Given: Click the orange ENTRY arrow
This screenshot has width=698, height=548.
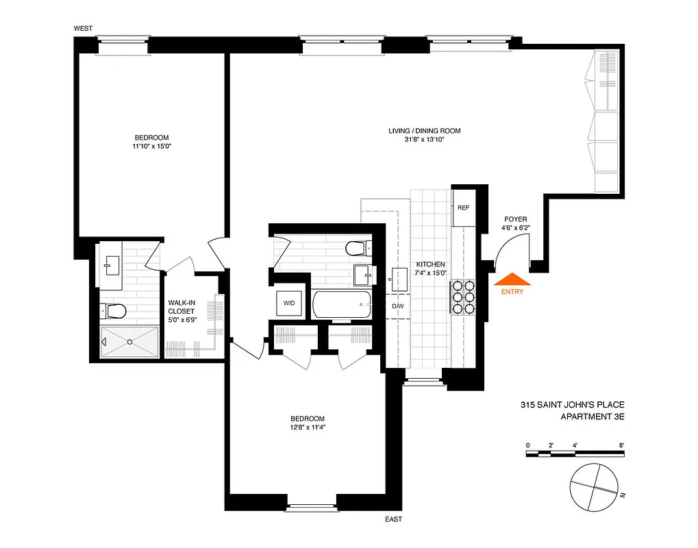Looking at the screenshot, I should (512, 280).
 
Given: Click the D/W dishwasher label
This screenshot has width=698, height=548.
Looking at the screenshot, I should (398, 306).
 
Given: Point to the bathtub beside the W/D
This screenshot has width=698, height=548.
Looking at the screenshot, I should (342, 304).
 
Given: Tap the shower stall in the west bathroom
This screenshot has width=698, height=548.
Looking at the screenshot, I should (129, 341).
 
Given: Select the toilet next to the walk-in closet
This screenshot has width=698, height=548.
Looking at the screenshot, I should (114, 312).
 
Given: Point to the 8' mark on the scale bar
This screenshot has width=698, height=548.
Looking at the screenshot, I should (621, 445).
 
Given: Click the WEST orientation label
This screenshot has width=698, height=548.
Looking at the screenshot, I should (83, 28).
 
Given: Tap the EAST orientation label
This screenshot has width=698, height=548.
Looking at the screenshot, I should (392, 520).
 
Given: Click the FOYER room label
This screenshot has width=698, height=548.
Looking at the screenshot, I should (515, 219).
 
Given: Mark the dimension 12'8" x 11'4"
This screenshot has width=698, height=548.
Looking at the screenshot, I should (307, 428).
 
